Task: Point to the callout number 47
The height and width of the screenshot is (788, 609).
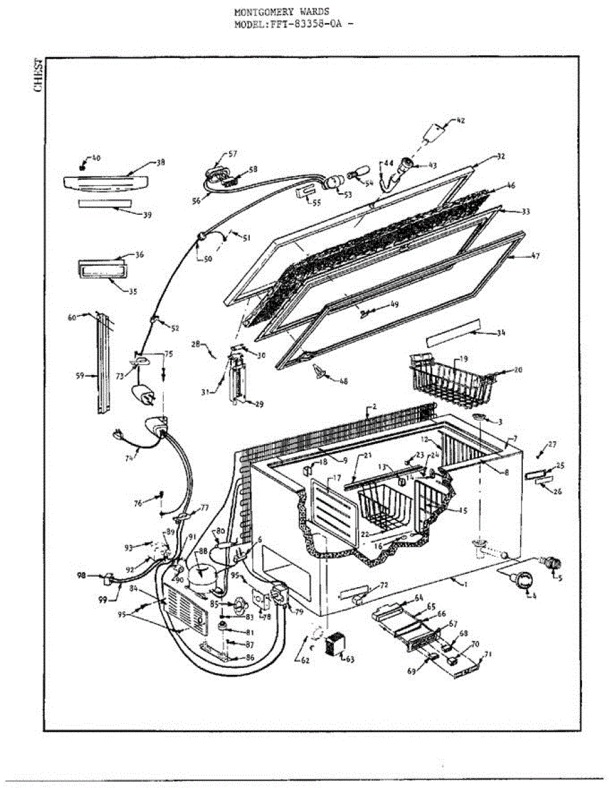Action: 535,256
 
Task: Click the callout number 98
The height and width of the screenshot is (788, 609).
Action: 81,576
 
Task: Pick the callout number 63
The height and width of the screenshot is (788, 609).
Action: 349,659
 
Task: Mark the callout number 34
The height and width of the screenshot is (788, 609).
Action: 501,333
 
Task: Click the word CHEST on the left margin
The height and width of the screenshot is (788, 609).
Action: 39,76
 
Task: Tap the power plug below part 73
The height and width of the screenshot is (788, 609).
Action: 143,396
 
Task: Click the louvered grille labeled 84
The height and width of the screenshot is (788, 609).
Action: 183,609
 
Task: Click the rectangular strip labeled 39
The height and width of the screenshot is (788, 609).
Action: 106,204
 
